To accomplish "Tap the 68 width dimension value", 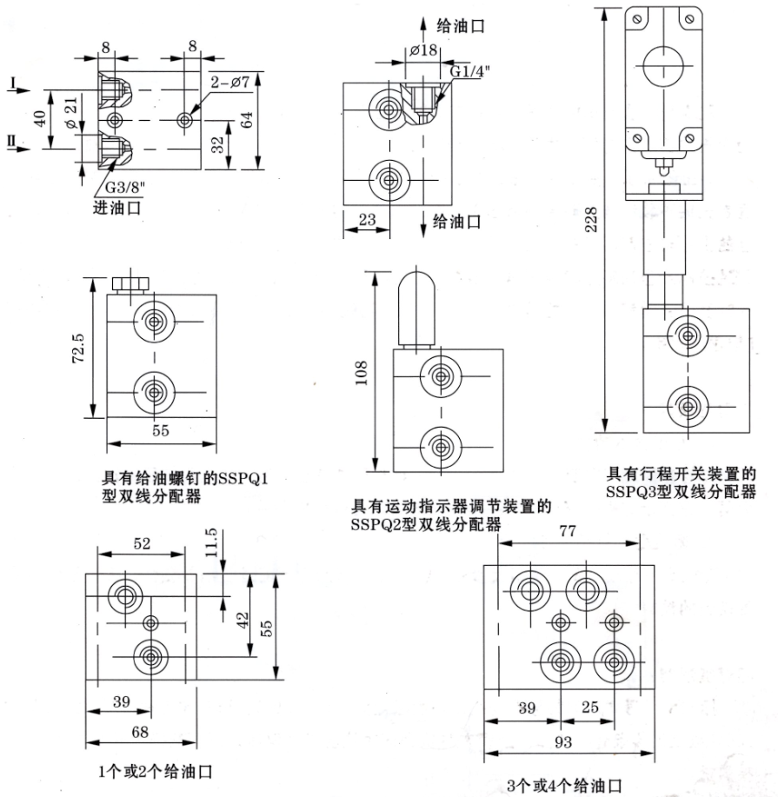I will (138, 734).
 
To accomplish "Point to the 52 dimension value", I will (142, 543).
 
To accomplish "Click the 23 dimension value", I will (367, 221).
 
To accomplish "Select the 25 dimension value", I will (590, 708).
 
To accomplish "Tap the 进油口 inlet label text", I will (116, 209).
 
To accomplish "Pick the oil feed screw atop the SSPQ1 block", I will (128, 284).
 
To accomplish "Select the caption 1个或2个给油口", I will (156, 771).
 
